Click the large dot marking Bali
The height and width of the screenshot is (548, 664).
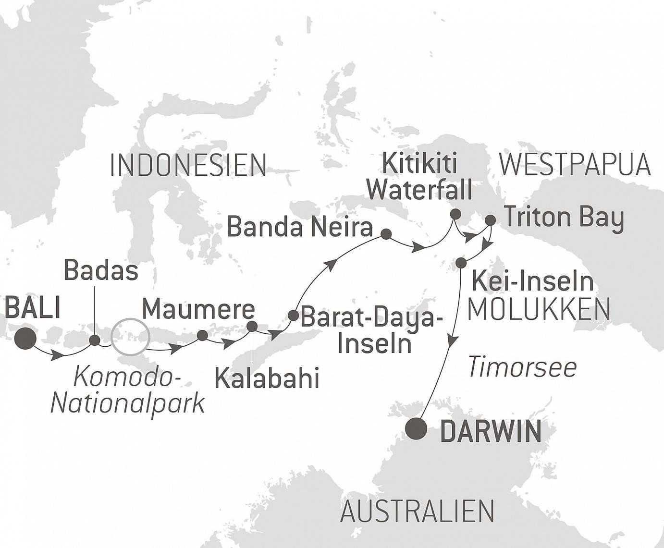(25, 338)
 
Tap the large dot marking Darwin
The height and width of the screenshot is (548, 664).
(416, 429)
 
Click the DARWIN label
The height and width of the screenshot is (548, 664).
(491, 431)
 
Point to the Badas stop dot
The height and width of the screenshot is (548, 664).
(95, 341)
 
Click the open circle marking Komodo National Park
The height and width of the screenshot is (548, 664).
(130, 338)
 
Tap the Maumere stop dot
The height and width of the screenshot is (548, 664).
(202, 335)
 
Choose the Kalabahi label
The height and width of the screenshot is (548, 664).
(267, 378)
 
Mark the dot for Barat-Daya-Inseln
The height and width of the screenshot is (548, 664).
(293, 316)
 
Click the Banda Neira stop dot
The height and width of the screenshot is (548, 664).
(386, 234)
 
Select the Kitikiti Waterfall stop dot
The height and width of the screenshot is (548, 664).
(455, 214)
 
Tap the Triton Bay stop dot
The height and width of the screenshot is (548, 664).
(490, 220)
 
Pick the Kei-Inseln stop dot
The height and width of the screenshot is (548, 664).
(460, 263)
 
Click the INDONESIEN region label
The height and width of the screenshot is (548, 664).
(188, 165)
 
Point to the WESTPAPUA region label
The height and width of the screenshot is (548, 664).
(575, 165)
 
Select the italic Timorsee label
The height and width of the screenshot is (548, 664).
(522, 367)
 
